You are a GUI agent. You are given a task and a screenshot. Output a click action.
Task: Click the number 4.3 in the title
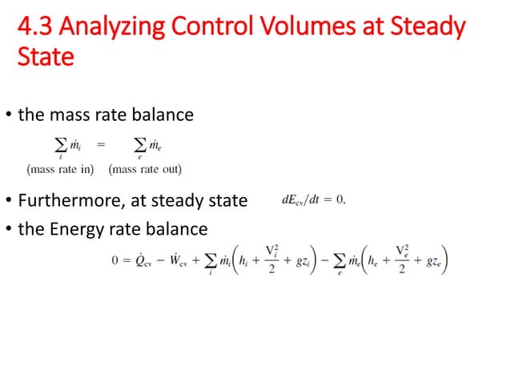point(35,28)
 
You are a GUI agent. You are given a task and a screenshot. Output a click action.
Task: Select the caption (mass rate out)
point(145,169)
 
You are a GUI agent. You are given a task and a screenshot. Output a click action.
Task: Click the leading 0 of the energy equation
point(115,261)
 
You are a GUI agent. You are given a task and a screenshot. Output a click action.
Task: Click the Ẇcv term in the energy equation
point(189,261)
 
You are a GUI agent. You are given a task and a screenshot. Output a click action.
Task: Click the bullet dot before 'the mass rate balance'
point(10,115)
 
